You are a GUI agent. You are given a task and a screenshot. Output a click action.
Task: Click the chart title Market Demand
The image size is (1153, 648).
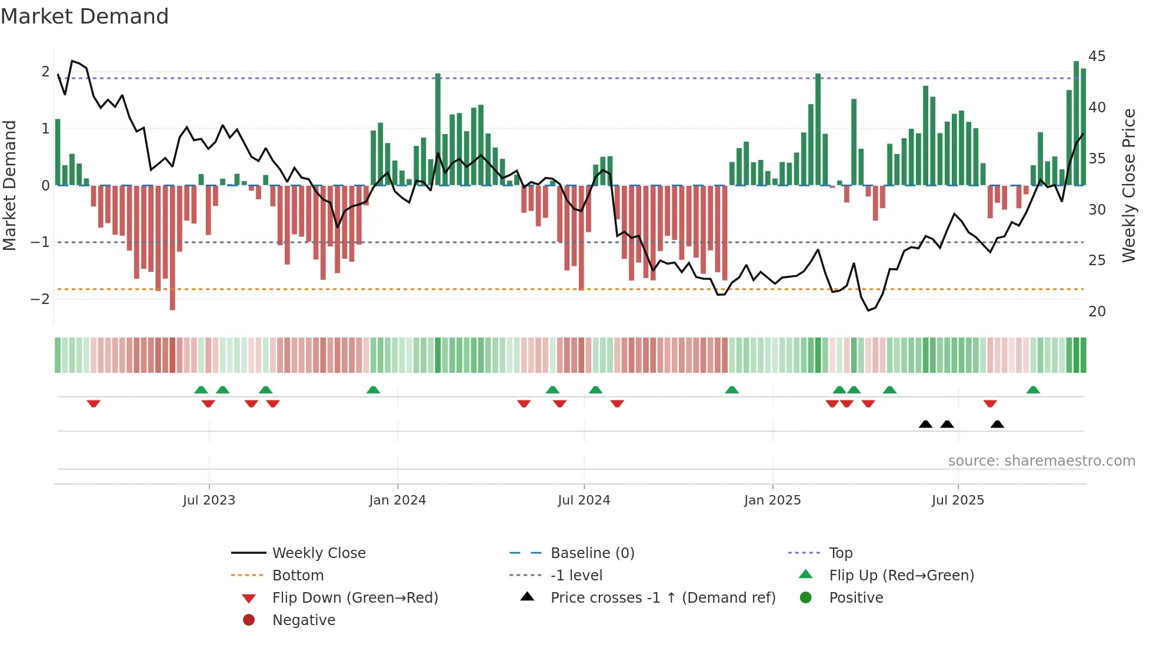coord(85,16)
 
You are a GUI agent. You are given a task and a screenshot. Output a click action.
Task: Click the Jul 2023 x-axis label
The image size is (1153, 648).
coord(209,500)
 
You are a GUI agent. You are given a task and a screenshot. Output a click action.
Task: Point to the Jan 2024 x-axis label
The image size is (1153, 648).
coord(398,500)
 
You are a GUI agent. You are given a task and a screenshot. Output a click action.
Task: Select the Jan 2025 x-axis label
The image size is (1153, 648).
coord(772,500)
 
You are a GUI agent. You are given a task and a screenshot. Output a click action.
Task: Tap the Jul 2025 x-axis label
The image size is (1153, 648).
coord(958,500)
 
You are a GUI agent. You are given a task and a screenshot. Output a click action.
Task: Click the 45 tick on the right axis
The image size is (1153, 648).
coord(1097,56)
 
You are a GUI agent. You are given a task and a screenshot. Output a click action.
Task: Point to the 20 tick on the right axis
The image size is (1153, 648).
coord(1097,312)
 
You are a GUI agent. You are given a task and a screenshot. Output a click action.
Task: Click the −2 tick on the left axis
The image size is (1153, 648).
coord(40,299)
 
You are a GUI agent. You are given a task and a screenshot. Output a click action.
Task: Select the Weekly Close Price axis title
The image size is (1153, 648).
coord(1128,185)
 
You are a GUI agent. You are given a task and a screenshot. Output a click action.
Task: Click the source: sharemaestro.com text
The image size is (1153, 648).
coord(1041,461)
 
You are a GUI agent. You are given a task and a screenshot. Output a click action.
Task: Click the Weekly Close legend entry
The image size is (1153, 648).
coord(319,553)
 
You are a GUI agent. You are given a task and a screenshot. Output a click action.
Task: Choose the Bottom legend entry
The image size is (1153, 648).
coord(298,576)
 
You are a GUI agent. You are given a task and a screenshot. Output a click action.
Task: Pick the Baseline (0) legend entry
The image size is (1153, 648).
coord(592,553)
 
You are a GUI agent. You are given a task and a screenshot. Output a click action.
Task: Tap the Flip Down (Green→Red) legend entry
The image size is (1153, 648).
coord(355,598)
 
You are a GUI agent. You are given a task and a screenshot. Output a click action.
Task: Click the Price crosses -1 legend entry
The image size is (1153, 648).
coord(662,598)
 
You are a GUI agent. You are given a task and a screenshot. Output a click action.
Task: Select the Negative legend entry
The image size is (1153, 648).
coord(304,620)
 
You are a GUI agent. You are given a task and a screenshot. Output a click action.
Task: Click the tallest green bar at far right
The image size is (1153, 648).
coord(1076,123)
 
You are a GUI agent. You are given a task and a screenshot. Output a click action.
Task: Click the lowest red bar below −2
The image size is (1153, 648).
coord(172,247)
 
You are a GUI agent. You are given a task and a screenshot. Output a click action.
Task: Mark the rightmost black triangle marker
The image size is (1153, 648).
coord(997,424)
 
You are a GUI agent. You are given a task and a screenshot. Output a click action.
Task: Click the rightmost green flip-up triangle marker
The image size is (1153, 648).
coord(1033,390)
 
